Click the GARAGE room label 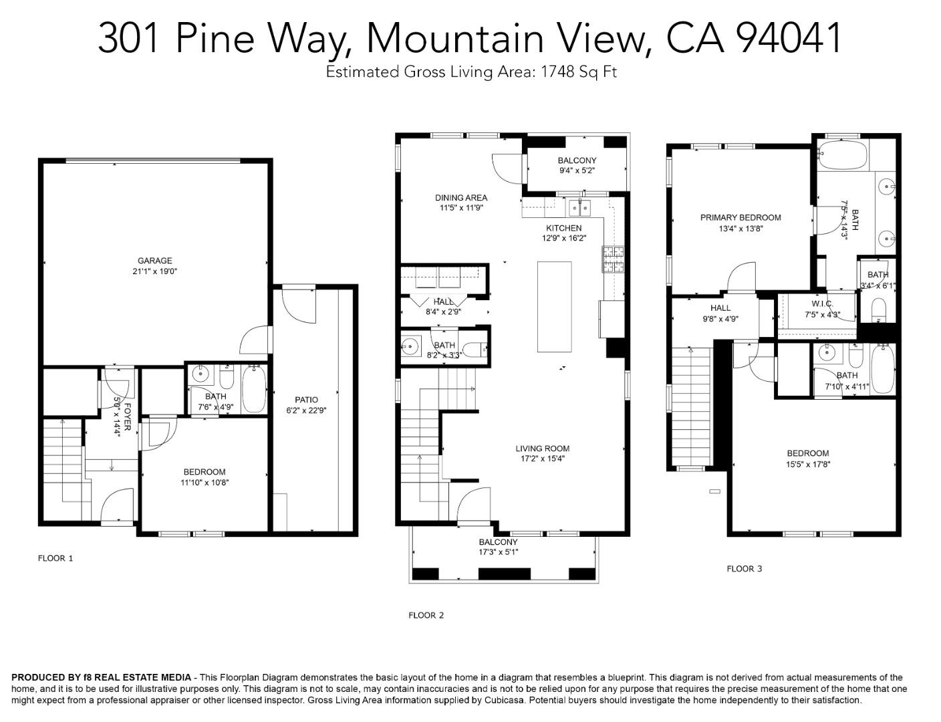(154, 261)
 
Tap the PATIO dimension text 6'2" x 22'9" (306, 411)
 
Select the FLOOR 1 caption (55, 558)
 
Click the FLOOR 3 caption (744, 569)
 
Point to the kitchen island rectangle (554, 306)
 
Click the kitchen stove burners (612, 259)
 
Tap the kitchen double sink (579, 209)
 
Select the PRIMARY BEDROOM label (740, 217)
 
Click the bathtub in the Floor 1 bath (254, 388)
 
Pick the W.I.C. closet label (821, 304)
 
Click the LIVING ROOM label (542, 449)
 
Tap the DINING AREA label (460, 197)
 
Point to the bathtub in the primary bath (841, 155)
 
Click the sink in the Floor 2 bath (410, 346)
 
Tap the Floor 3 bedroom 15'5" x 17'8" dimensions (807, 464)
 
